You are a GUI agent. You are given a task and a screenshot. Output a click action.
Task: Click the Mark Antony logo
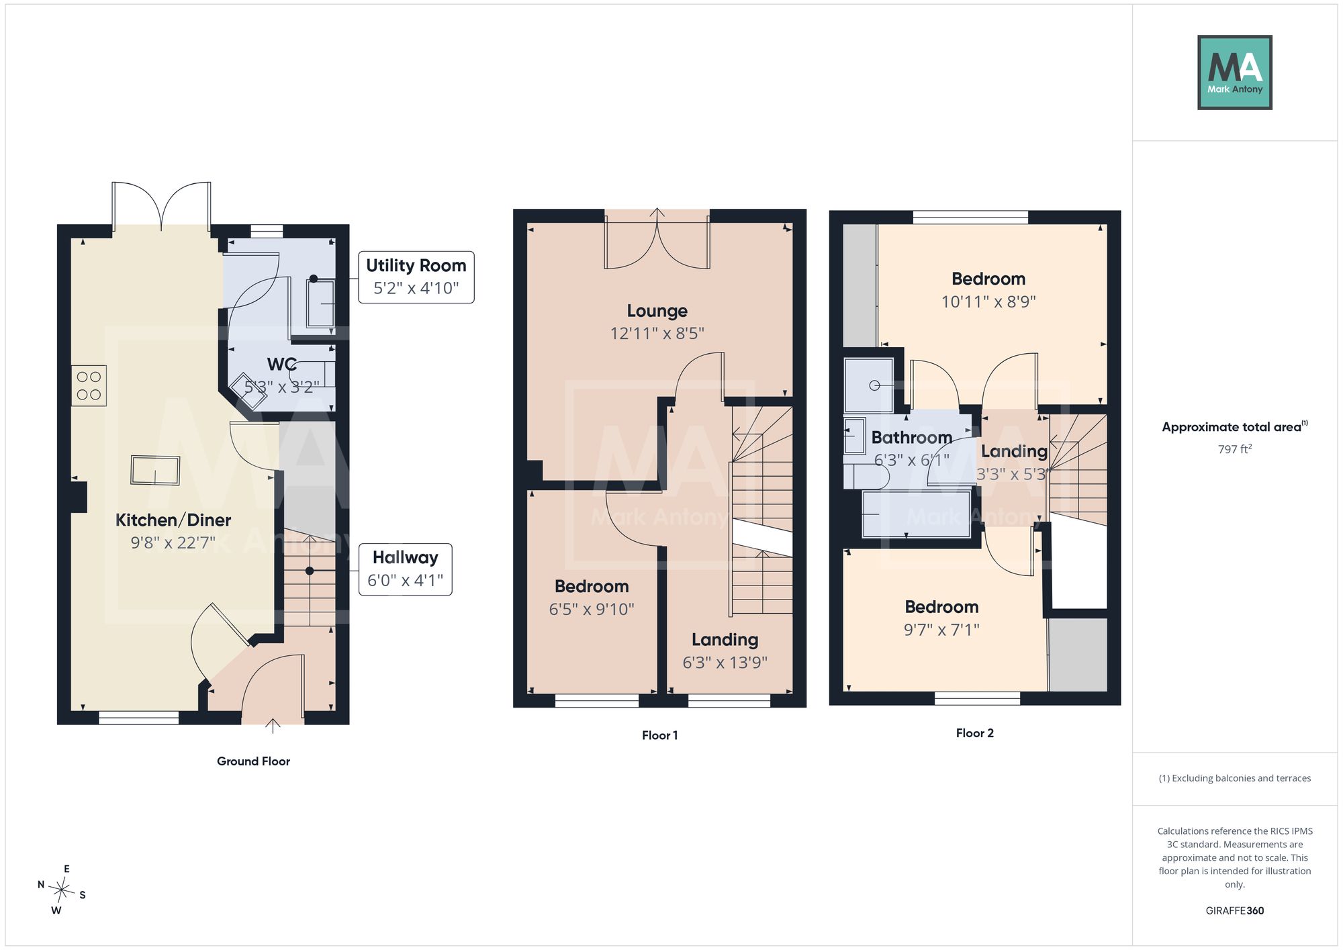coord(1235,73)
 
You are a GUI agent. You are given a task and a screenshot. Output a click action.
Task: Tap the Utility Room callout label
coord(416,277)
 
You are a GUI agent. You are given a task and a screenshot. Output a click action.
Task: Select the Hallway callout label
coord(406,569)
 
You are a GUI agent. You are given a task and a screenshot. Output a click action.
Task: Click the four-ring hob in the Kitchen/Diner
coord(89,385)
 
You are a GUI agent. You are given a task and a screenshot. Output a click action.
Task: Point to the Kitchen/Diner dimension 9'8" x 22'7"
coord(173,542)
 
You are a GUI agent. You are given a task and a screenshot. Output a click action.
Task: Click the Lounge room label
coord(657,311)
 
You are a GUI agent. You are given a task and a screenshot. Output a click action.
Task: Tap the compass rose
coord(62,890)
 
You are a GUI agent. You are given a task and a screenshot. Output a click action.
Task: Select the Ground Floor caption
coord(253,761)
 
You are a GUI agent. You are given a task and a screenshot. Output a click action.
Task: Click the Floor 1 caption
coord(659,735)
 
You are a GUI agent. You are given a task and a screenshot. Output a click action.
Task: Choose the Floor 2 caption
coord(975,733)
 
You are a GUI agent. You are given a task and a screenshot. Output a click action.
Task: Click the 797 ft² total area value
coord(1235,448)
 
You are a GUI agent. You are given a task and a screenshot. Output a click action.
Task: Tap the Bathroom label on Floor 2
coord(912,438)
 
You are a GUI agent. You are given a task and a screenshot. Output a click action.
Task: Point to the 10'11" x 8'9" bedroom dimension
coord(988,301)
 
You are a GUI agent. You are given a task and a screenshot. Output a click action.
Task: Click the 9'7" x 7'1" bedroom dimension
coord(941,630)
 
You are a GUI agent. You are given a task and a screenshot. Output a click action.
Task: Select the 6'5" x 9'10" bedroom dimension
coord(592,609)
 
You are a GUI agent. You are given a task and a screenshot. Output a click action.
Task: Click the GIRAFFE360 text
coord(1235,911)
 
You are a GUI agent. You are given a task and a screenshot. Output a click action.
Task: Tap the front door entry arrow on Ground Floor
coord(273,726)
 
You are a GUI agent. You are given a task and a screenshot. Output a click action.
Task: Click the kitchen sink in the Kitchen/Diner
coord(155,470)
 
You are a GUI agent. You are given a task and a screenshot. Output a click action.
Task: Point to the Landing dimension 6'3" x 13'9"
coord(725,663)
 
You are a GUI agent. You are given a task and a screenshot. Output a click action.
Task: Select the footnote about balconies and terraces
coord(1235,778)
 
